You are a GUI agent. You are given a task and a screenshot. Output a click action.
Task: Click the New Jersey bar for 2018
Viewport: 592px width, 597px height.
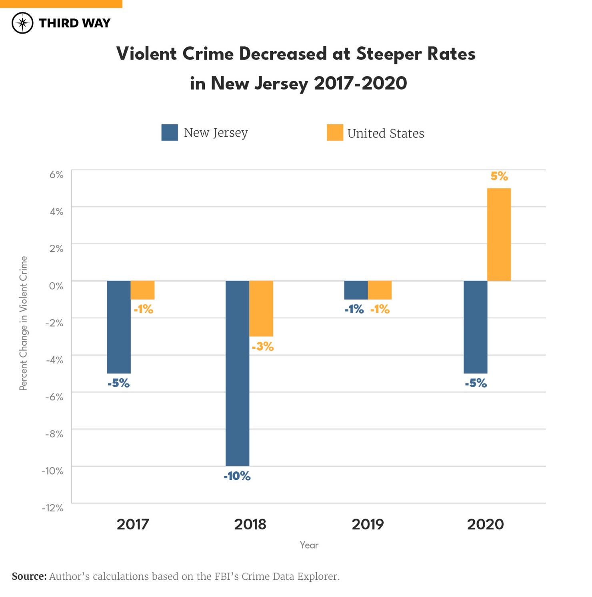point(237,373)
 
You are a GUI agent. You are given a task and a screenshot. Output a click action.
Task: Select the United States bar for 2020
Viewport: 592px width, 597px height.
point(499,235)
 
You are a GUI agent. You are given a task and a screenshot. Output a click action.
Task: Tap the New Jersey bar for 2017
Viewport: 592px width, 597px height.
point(119,327)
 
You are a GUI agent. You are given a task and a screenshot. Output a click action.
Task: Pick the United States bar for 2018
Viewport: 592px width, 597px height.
point(261,308)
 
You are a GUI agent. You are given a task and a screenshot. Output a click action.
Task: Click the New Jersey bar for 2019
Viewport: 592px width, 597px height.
point(356,290)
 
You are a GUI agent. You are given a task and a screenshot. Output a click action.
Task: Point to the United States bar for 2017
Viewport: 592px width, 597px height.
point(142,290)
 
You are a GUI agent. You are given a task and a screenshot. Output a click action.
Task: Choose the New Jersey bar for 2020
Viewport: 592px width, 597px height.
point(475,327)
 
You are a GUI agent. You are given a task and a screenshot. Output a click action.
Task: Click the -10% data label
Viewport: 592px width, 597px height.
point(237,476)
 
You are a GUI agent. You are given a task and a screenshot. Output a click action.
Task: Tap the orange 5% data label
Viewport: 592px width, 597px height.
point(499,176)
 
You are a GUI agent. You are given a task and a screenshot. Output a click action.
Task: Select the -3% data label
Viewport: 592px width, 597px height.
point(263,346)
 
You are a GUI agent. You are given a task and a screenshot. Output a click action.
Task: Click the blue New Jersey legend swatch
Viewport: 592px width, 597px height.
point(170,132)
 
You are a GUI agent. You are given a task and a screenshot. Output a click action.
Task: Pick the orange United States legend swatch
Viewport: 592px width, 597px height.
point(335,132)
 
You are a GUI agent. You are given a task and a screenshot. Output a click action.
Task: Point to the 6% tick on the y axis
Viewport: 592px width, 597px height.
point(56,174)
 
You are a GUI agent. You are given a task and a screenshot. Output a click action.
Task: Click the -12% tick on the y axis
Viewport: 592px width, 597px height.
point(53,508)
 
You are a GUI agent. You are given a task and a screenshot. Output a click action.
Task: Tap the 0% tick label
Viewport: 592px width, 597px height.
point(56,286)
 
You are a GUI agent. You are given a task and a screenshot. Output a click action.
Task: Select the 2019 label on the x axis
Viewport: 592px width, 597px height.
point(368,524)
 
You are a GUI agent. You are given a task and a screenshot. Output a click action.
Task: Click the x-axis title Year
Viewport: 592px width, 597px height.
point(309,545)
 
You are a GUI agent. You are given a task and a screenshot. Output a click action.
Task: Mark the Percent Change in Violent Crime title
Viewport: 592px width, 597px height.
point(24,323)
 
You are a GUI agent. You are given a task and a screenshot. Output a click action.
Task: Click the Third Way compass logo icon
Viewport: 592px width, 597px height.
point(22,23)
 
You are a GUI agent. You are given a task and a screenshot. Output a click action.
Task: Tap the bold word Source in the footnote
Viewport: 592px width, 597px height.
point(29,576)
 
